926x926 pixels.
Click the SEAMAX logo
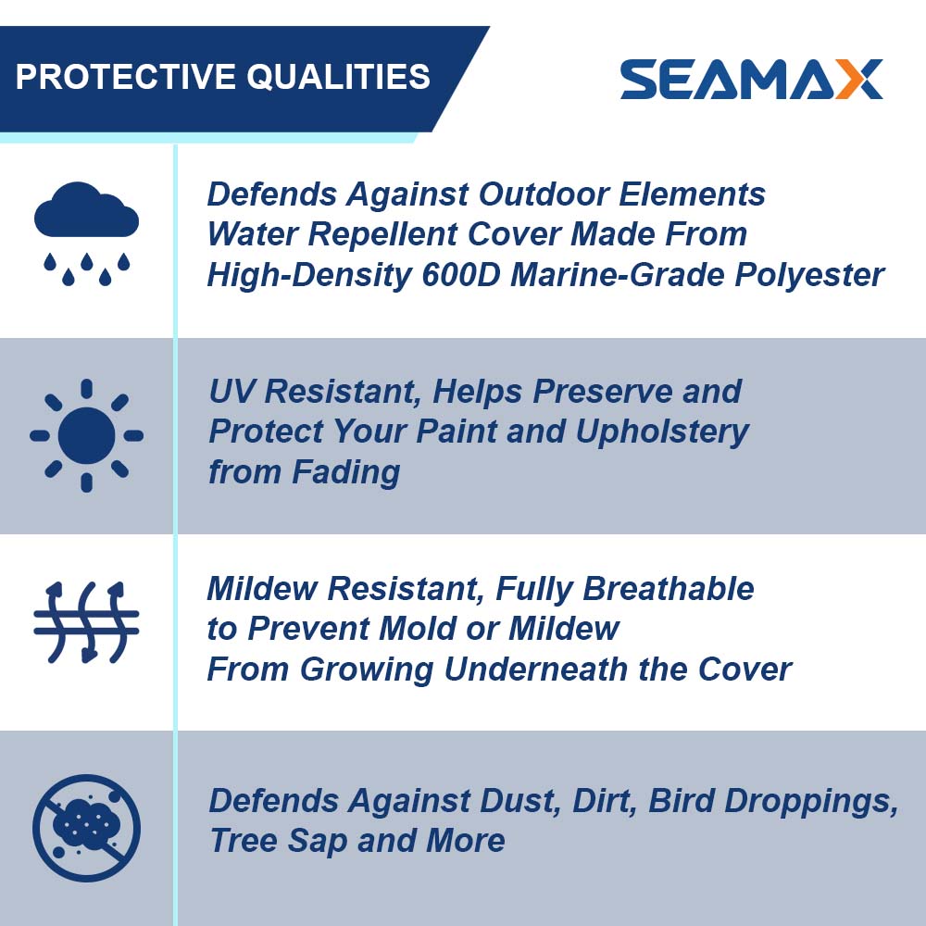pos(751,80)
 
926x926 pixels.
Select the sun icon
pos(86,434)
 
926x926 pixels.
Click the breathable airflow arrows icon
pos(86,622)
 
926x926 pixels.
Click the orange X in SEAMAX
pos(857,80)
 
